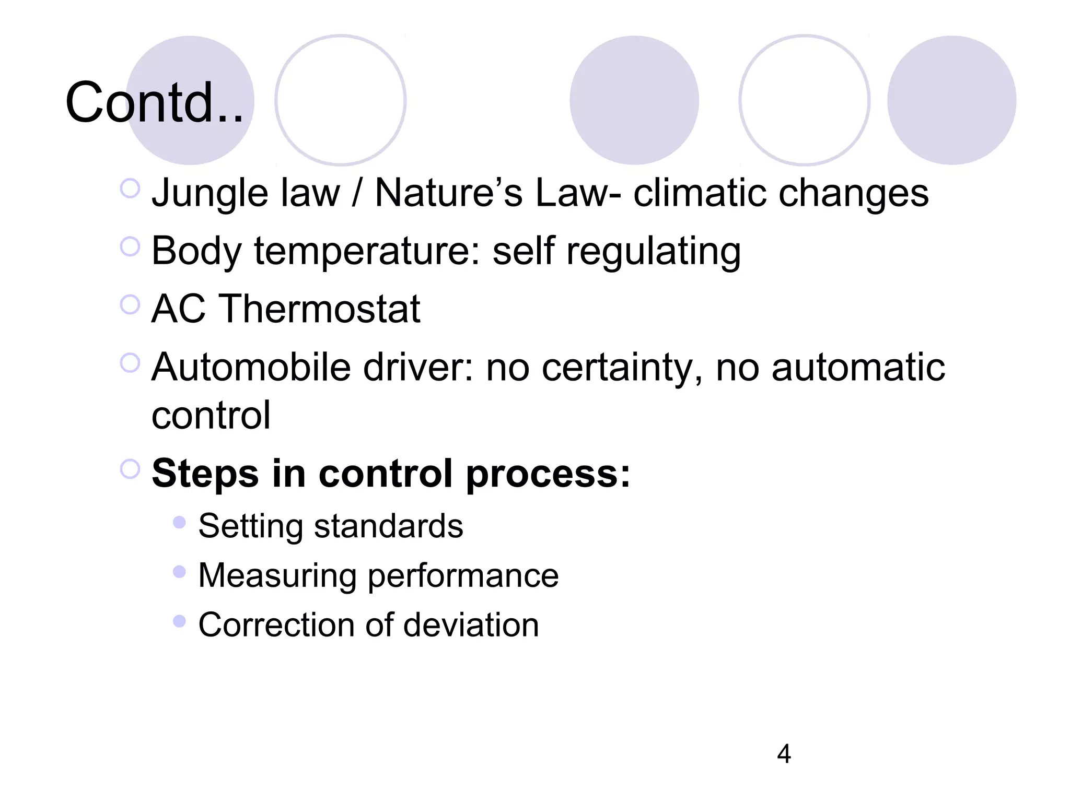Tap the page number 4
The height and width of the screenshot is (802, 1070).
(784, 754)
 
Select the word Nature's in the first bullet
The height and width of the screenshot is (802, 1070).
(448, 193)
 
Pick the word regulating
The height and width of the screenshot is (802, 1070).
(654, 252)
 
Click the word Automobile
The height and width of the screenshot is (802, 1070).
(251, 368)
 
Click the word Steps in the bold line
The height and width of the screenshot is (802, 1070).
(205, 474)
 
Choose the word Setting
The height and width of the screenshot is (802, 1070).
(250, 526)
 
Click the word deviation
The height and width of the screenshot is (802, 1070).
(471, 625)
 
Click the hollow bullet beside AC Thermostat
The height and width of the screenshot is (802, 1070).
(130, 304)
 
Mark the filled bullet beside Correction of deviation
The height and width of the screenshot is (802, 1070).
(179, 621)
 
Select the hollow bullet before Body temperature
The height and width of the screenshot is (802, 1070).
(130, 246)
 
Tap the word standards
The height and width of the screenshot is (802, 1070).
(388, 526)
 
